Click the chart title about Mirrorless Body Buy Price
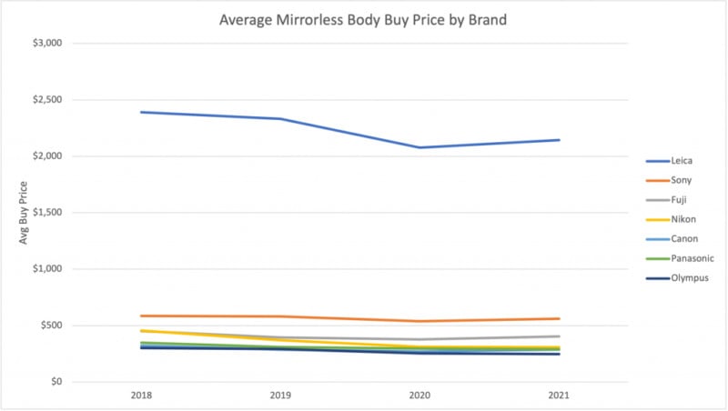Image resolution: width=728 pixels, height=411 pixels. click(x=364, y=18)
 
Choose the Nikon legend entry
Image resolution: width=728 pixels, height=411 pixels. click(x=682, y=219)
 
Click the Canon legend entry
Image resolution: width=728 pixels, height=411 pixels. click(x=682, y=239)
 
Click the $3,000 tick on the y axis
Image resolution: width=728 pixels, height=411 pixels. click(x=45, y=44)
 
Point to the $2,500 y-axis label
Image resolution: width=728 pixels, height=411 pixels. click(x=45, y=100)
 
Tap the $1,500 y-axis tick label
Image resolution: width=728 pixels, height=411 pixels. click(x=45, y=213)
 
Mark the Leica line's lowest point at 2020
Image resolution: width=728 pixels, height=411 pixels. click(x=420, y=147)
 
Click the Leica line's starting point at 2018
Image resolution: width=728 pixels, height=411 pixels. click(x=142, y=112)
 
